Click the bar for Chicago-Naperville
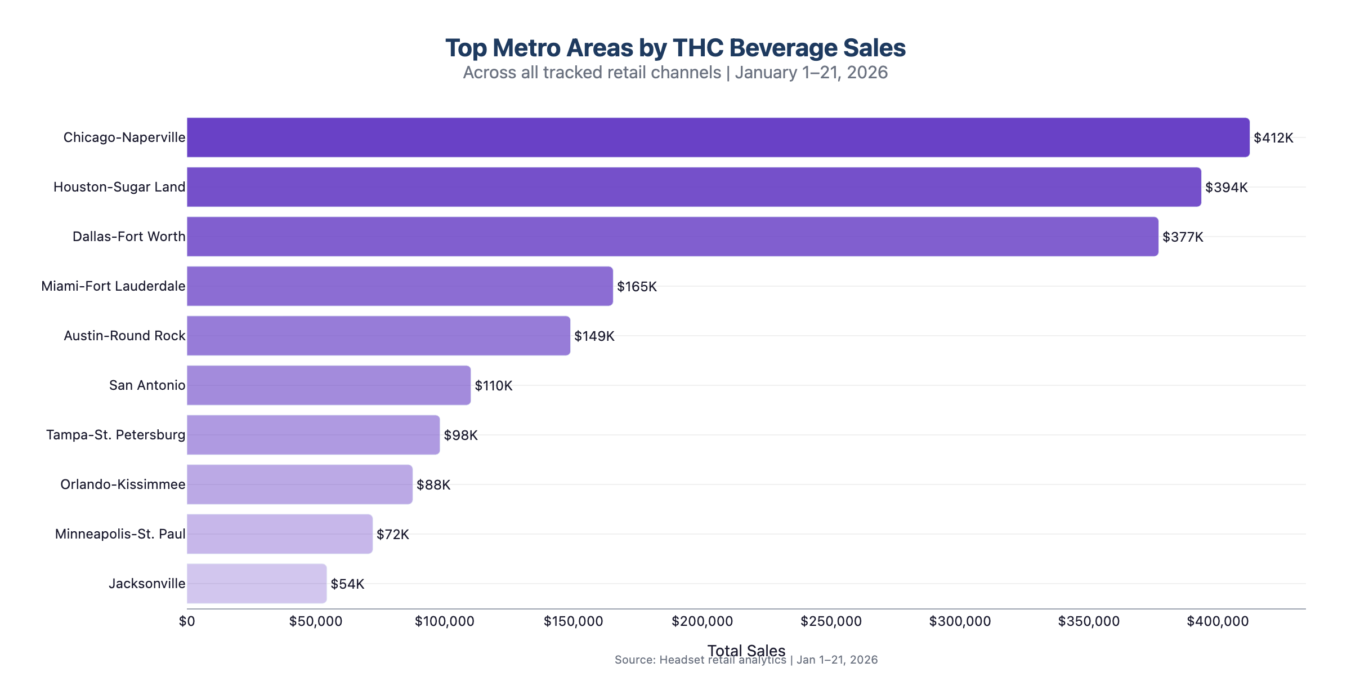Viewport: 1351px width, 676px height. pos(718,137)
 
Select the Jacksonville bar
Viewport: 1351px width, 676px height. pos(257,584)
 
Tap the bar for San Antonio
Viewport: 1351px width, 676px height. pos(329,385)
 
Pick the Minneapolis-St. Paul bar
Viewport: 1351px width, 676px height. pos(280,534)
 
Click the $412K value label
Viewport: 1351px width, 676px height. pos(1273,138)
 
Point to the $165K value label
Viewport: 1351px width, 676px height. pos(637,287)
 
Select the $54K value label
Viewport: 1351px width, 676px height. pos(347,584)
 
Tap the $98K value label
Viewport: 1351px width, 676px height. pos(460,435)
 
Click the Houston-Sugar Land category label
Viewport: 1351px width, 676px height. pos(119,187)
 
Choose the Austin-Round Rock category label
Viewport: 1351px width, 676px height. pos(124,336)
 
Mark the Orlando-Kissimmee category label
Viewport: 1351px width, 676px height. pos(123,484)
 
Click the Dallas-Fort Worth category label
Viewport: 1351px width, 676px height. pos(129,237)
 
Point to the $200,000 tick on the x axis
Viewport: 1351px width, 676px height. pos(702,621)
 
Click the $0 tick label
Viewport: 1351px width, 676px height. pos(187,621)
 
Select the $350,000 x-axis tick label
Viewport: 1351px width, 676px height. pos(1089,621)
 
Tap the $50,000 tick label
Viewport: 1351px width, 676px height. pos(316,621)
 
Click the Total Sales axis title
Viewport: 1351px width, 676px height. pos(746,650)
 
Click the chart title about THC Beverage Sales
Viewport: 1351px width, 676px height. pos(675,48)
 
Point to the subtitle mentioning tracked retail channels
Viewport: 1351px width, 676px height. pos(675,73)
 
